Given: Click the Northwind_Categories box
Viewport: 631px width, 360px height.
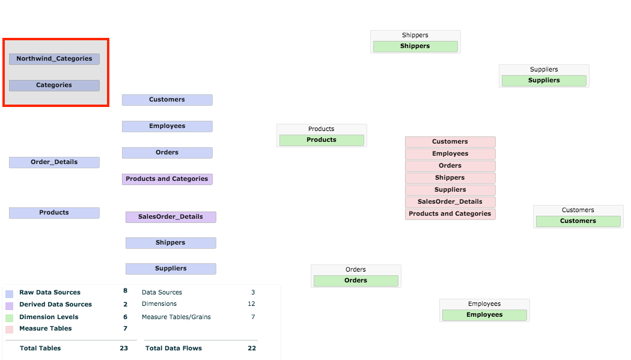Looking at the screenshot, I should pos(54,59).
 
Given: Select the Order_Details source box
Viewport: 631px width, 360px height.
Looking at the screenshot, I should pos(54,162).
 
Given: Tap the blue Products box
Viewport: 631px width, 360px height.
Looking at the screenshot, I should pos(54,213).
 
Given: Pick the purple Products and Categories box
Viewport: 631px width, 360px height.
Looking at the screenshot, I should pos(167,179).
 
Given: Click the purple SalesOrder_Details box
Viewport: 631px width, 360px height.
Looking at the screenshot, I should pos(171,217).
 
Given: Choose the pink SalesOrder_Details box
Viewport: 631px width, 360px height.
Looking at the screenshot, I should pos(450,202).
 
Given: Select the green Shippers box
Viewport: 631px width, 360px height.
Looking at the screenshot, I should pos(415,46).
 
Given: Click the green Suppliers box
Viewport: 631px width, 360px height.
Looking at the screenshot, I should pos(544,81).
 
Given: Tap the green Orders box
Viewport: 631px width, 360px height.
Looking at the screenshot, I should pos(356,281).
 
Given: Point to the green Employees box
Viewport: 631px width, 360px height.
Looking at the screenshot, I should pos(484,315).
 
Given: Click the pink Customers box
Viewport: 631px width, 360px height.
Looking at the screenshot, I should pos(450,142).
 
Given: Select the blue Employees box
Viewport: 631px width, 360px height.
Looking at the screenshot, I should pos(167,126).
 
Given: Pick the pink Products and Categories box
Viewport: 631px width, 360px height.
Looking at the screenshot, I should pos(450,214).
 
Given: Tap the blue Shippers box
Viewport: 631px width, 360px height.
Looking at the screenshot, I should pos(171,243).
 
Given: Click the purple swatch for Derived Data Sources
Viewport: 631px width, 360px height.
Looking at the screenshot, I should pos(9,306).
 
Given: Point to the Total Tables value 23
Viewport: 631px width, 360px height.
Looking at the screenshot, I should pos(124,348).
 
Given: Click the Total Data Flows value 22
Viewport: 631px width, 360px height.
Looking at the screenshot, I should pos(252,348).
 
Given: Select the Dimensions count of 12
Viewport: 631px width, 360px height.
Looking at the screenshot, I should pos(251,304).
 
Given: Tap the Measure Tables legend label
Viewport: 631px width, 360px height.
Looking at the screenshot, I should pos(45,329).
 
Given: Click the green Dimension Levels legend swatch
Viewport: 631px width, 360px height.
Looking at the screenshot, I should pos(9,318).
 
